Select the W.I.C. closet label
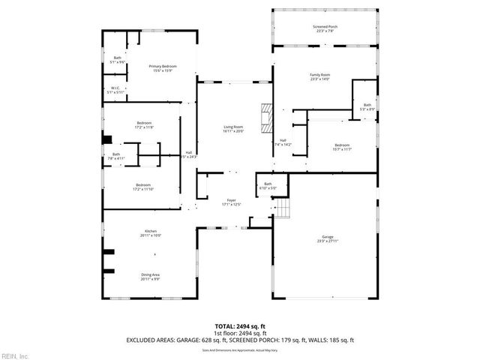(x=116, y=90)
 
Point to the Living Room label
(x=234, y=128)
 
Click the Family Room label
(x=320, y=76)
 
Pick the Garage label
(x=328, y=238)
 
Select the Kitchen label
(x=150, y=233)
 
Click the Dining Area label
(x=150, y=277)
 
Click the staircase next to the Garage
(x=281, y=208)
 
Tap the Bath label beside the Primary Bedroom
(x=117, y=60)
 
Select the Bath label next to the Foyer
(x=268, y=185)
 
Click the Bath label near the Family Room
(x=367, y=107)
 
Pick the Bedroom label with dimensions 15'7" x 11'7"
(x=341, y=147)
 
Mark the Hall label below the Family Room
(x=283, y=142)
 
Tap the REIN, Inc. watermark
(x=14, y=355)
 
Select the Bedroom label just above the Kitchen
(x=143, y=187)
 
